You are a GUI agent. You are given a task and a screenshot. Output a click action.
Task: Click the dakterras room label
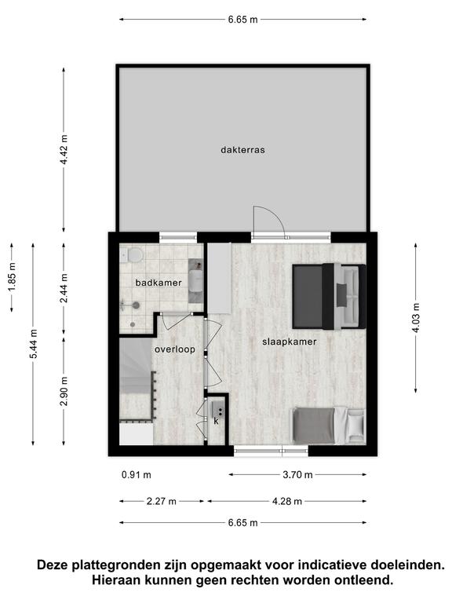pos(242,150)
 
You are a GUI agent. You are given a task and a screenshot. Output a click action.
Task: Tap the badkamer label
pos(159,283)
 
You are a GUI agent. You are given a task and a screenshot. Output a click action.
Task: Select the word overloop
pos(174,349)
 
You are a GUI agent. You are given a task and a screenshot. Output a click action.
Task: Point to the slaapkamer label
pos(290,342)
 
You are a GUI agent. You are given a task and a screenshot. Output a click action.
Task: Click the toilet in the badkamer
pos(132,255)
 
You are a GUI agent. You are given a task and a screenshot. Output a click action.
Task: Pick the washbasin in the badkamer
pos(195,281)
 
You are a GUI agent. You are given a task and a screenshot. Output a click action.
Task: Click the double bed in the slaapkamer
pos(329,297)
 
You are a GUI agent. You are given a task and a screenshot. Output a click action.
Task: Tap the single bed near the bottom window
pos(327,426)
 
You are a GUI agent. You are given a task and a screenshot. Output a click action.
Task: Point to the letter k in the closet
pos(216,421)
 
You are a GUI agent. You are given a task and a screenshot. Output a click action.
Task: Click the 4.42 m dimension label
pos(64,150)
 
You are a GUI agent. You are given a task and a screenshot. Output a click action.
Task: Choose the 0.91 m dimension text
pos(136,475)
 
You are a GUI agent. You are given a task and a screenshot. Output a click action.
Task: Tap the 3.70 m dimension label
pos(297,475)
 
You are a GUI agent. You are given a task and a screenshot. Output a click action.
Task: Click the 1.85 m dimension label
pos(12,277)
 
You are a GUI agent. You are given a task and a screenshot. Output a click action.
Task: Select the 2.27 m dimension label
pos(162,502)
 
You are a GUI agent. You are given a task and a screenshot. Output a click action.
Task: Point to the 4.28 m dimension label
pos(286,502)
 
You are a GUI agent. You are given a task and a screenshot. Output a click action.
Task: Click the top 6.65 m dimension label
pos(243,19)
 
